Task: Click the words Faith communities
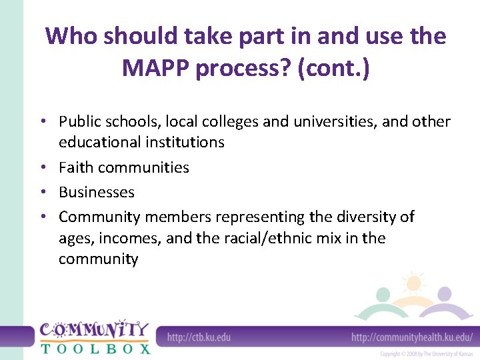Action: pos(124,167)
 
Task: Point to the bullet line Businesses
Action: pos(97,192)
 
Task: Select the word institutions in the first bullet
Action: pos(185,142)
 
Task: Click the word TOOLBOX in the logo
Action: pos(95,347)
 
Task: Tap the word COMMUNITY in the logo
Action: pos(94,329)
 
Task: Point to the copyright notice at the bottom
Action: pos(426,353)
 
